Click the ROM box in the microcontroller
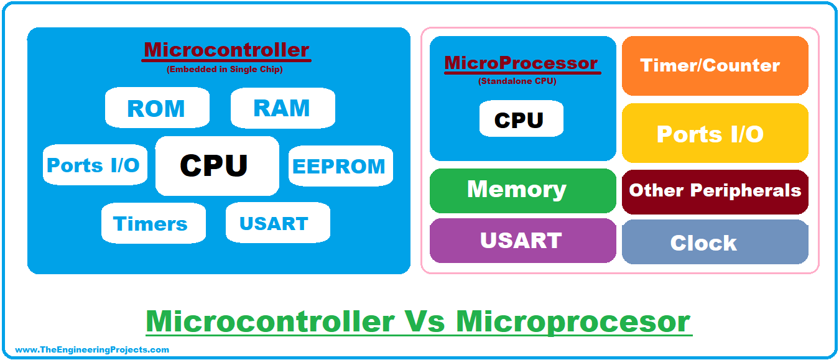pos(157,108)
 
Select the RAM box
pos(282,108)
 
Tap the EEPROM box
pos(340,166)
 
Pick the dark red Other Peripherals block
pos(715,191)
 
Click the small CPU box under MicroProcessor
pos(521,119)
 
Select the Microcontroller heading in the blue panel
pos(227,50)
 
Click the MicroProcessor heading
pos(521,63)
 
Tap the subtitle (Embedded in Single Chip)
pos(225,70)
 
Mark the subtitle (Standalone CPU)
pos(517,81)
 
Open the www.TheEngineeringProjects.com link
pos(91,349)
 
